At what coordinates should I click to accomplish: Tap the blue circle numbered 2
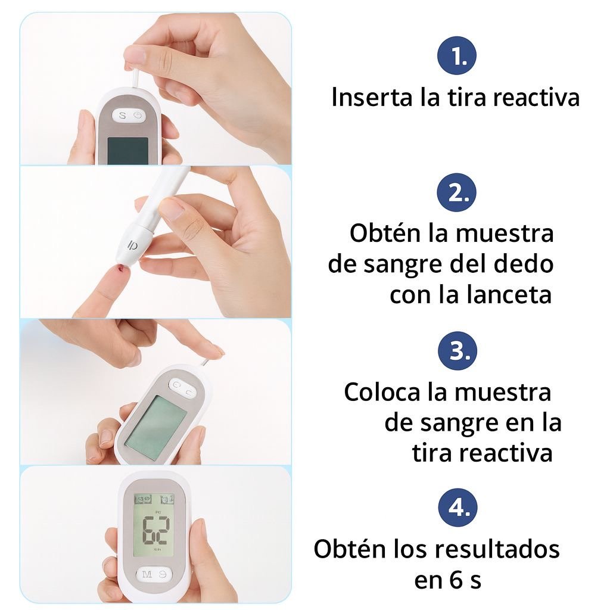coord(457,192)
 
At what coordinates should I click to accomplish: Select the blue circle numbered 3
coord(457,351)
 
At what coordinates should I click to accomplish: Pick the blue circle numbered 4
coord(457,508)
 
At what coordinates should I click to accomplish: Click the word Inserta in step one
coord(372,97)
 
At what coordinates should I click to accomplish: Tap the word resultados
coord(497,549)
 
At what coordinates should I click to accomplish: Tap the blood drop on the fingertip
coord(122,269)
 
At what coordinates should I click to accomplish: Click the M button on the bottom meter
coord(147,574)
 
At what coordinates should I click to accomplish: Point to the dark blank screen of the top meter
coord(127,151)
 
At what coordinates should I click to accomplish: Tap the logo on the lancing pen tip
coord(133,245)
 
